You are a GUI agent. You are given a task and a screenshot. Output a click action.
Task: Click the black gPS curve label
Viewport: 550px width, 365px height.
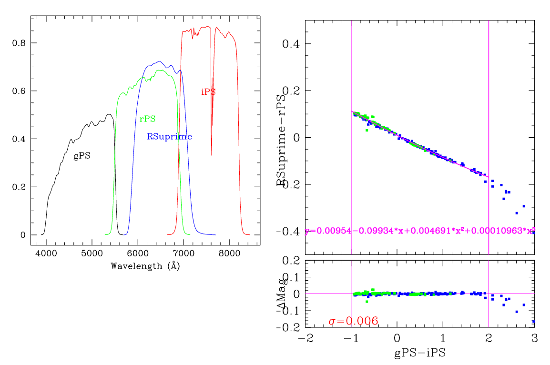tap(82, 156)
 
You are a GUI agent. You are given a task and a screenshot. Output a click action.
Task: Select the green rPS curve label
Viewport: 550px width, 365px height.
tap(148, 119)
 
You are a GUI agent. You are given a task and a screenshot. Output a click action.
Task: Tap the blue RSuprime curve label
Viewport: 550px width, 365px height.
tap(169, 137)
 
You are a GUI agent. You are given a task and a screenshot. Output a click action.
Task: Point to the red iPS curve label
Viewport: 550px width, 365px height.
tap(208, 92)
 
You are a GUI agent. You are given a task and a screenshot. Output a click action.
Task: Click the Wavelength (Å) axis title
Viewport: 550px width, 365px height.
tap(145, 266)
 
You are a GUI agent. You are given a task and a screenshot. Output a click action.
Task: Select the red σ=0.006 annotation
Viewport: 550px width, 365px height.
tap(354, 321)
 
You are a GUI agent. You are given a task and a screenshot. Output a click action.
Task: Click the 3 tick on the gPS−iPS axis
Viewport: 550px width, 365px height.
tap(534, 338)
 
